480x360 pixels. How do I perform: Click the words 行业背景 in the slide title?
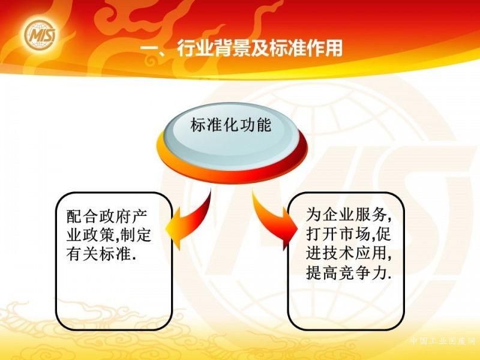[x=214, y=48]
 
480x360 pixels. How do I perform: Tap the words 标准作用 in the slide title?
[x=305, y=48]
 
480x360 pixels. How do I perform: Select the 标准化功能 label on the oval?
[x=231, y=125]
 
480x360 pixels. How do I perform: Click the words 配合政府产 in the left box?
[x=107, y=216]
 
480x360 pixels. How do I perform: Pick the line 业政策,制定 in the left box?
[x=109, y=235]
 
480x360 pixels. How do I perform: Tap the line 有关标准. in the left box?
[x=101, y=254]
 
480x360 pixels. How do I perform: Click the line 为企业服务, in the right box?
[x=349, y=215]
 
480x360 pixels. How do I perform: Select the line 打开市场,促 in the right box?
[x=349, y=234]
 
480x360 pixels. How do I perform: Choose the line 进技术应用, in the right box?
[x=349, y=253]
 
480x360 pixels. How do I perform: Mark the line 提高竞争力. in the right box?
[x=349, y=272]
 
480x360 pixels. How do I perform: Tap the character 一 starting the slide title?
[x=149, y=49]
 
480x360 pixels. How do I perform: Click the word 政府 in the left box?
[x=107, y=216]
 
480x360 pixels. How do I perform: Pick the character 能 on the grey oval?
[x=264, y=125]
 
